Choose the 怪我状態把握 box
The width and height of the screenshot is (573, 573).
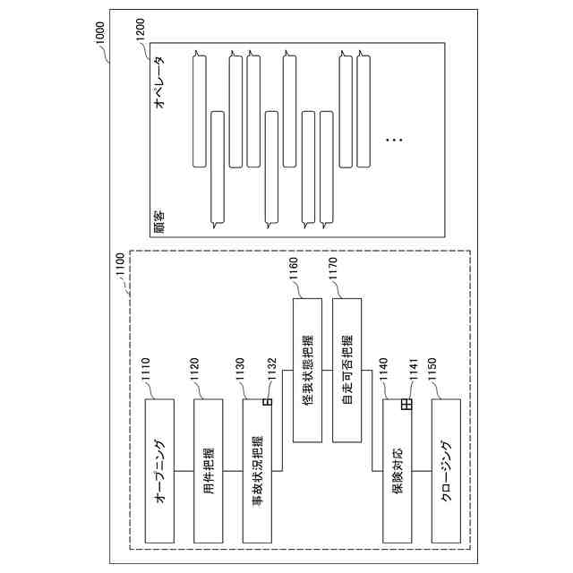[x=307, y=368]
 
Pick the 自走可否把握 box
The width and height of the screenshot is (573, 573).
[x=346, y=368]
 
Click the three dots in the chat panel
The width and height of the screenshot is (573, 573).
[x=394, y=140]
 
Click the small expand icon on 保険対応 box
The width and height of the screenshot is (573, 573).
[x=406, y=405]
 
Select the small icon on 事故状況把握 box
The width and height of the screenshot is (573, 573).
[x=266, y=403]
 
